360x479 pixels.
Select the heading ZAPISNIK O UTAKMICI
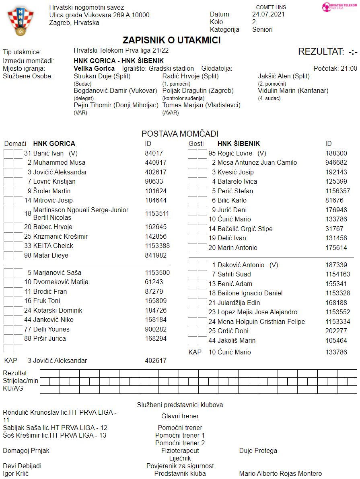172,40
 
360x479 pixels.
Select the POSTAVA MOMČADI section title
180,134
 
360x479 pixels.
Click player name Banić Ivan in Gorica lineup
49,153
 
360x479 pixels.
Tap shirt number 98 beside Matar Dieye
28,255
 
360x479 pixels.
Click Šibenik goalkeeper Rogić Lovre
235,153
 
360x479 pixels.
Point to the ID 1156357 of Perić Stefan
338,191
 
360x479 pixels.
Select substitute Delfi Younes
51,329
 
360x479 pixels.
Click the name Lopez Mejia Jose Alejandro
257,312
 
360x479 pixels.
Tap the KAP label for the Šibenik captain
195,352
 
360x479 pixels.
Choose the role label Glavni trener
180,416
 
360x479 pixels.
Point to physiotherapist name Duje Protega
258,450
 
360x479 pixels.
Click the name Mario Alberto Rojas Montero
280,473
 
